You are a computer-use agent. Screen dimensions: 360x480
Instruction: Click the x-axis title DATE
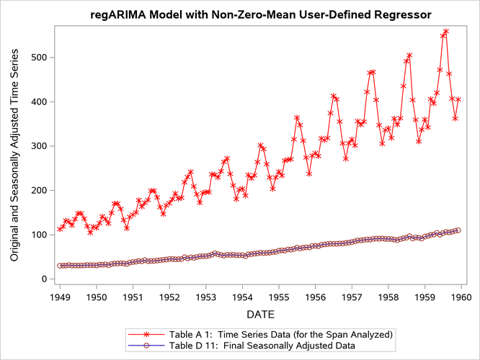pyautogui.click(x=260, y=314)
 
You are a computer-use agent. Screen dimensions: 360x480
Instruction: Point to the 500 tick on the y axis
pyautogui.click(x=37, y=57)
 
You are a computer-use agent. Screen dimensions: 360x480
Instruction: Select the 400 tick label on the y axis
pyautogui.click(x=37, y=102)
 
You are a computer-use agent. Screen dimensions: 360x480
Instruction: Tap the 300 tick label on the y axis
pyautogui.click(x=37, y=146)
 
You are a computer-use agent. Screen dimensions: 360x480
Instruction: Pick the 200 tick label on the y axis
pyautogui.click(x=37, y=190)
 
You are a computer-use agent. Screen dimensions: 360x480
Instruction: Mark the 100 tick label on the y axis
pyautogui.click(x=37, y=235)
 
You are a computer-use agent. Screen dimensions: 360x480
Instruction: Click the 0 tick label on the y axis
pyautogui.click(x=43, y=279)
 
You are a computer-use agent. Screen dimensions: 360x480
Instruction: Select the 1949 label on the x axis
pyautogui.click(x=60, y=296)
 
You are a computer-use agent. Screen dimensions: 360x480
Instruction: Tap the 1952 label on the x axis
pyautogui.click(x=169, y=296)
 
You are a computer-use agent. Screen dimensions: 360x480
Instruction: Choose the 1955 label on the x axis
pyautogui.click(x=279, y=296)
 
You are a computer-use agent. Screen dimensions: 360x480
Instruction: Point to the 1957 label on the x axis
pyautogui.click(x=352, y=296)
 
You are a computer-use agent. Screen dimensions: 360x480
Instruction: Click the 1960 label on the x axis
pyautogui.click(x=461, y=296)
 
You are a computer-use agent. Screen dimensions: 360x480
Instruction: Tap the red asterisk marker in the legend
pyautogui.click(x=147, y=334)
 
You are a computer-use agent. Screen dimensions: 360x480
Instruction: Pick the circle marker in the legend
pyautogui.click(x=147, y=346)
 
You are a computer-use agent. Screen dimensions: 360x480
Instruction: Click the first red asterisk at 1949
pyautogui.click(x=60, y=230)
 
